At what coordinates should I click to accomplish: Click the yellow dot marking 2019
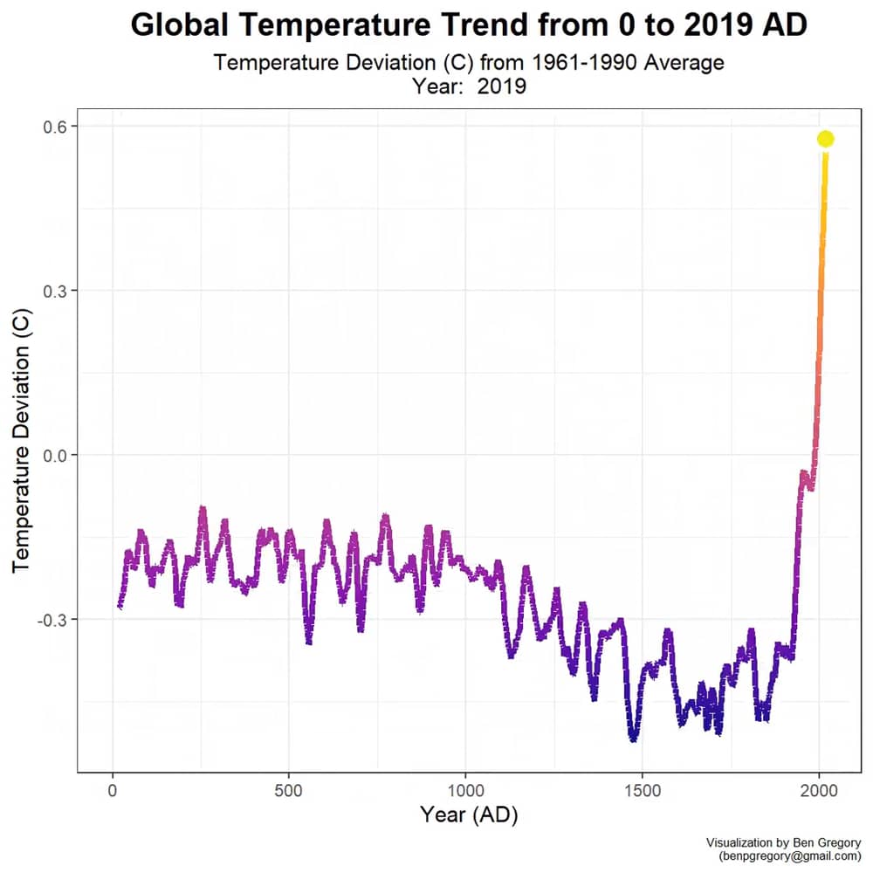826,139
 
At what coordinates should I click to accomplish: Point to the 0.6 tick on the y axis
54,127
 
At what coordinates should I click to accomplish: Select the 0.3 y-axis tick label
54,291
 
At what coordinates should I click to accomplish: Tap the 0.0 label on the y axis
54,456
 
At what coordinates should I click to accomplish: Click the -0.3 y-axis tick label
52,620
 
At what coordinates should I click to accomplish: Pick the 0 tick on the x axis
113,791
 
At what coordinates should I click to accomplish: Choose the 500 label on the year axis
289,791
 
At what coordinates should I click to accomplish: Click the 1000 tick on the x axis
465,791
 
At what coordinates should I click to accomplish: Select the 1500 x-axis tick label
643,791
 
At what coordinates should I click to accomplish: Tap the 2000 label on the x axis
819,791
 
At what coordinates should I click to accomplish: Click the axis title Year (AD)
469,815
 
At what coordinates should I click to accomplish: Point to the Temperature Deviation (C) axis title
21,440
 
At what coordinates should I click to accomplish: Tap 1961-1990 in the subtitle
584,62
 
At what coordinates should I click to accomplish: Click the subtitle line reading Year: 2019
469,86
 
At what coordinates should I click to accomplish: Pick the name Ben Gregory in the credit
828,843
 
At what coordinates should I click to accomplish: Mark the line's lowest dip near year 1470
633,740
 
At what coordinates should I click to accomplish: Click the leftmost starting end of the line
119,607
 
